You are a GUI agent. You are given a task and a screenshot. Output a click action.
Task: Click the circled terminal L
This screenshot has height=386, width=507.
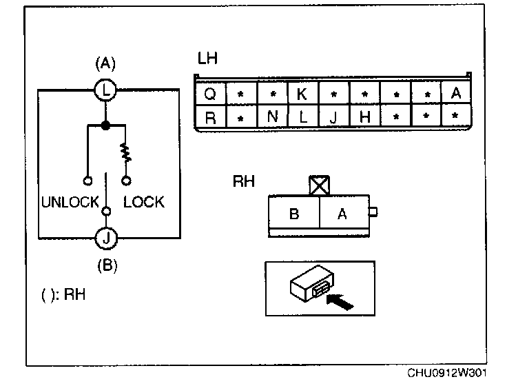(105, 89)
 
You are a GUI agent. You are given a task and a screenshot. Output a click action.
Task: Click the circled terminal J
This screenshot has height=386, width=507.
(105, 238)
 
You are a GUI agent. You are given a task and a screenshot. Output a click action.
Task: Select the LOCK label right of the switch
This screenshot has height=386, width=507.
(143, 202)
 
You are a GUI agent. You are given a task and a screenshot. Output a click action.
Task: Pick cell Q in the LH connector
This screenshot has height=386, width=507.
(210, 94)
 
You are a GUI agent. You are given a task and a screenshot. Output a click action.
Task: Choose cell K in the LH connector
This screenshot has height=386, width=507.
(302, 94)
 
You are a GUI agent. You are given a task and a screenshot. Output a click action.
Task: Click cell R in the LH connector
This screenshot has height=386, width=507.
(210, 117)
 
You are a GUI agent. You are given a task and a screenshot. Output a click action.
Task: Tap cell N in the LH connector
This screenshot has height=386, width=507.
(271, 117)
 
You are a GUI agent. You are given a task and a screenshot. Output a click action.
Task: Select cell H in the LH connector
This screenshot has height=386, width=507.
(364, 117)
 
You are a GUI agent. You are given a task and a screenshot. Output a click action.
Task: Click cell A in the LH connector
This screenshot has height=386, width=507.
(455, 94)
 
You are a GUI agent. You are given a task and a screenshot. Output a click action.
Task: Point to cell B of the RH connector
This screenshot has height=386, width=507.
(293, 214)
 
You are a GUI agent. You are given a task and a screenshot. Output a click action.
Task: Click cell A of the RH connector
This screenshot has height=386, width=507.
(342, 214)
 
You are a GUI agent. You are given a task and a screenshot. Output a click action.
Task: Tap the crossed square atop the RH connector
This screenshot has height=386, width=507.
(318, 185)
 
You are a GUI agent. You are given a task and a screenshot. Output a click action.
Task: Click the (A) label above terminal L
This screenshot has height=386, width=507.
(105, 64)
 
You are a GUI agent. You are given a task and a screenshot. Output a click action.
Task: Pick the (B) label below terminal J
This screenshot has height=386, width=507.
(105, 265)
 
